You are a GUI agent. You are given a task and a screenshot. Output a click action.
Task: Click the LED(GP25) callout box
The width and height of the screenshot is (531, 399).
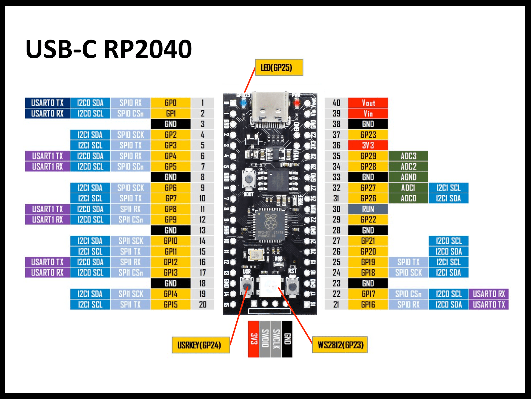(x=279, y=68)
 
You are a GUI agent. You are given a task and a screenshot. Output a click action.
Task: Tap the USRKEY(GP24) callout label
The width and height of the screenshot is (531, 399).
(x=201, y=345)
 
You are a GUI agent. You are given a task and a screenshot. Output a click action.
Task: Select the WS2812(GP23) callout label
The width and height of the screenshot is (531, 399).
(x=340, y=345)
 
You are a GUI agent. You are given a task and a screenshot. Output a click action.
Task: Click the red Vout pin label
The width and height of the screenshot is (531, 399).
(x=368, y=103)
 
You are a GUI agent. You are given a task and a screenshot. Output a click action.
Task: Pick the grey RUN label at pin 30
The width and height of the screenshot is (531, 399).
(x=368, y=209)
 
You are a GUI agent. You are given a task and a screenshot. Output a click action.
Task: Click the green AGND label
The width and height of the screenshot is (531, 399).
(x=408, y=177)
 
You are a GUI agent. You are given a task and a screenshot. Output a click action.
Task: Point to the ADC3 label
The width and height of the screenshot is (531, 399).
(x=408, y=156)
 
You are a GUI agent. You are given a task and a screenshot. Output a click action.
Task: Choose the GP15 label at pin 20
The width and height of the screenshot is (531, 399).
(x=171, y=304)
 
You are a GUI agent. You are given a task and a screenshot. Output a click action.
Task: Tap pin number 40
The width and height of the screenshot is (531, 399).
(x=336, y=103)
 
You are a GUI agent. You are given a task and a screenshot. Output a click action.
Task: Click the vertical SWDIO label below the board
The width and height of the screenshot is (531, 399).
(x=265, y=339)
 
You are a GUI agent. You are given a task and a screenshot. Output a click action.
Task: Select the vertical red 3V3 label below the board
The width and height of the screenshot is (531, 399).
(x=254, y=339)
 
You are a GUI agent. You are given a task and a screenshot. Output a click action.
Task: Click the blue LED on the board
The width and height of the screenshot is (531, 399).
(x=243, y=103)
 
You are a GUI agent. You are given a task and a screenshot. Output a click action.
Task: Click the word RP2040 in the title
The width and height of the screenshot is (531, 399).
(x=148, y=49)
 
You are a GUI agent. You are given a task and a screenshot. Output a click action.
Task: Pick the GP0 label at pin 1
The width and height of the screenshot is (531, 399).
(x=171, y=103)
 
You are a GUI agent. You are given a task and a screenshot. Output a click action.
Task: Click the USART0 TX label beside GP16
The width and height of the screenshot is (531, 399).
(x=488, y=304)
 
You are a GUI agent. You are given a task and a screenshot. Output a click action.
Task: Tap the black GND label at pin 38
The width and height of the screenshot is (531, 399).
(x=368, y=124)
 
